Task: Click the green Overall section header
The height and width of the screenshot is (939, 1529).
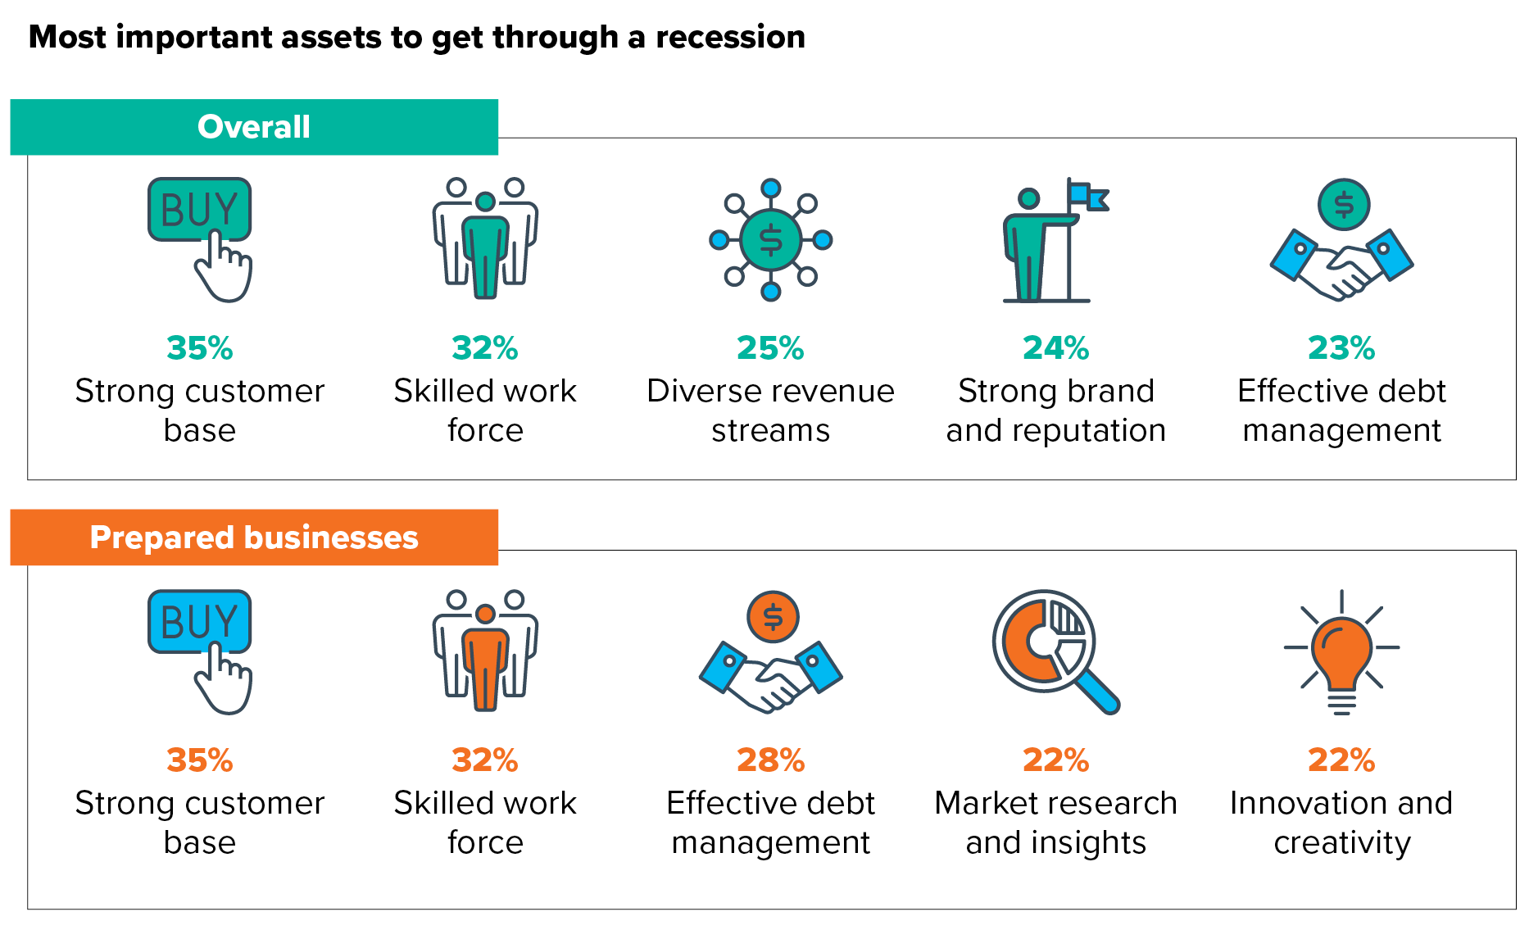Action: (x=254, y=127)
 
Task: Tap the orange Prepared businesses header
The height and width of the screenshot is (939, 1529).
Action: (x=254, y=538)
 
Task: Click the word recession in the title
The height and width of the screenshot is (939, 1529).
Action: (x=730, y=37)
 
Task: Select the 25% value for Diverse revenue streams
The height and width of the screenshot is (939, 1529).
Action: (x=770, y=348)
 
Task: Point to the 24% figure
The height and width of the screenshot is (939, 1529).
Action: (x=1055, y=348)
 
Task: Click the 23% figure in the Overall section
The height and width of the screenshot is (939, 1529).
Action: (x=1341, y=348)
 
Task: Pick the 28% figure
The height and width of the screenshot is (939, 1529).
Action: (x=770, y=760)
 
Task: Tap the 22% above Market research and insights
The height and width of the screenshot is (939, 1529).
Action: (x=1055, y=760)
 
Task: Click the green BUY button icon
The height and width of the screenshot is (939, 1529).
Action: (x=199, y=209)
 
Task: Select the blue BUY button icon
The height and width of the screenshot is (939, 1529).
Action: (x=199, y=621)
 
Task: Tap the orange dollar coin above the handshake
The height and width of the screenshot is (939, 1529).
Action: (x=773, y=617)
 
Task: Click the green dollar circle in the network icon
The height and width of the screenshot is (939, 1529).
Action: (x=770, y=239)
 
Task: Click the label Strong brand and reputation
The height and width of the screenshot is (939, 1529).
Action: (x=1055, y=411)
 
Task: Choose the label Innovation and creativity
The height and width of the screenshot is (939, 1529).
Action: (x=1341, y=823)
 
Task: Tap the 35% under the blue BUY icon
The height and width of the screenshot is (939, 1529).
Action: (x=199, y=760)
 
